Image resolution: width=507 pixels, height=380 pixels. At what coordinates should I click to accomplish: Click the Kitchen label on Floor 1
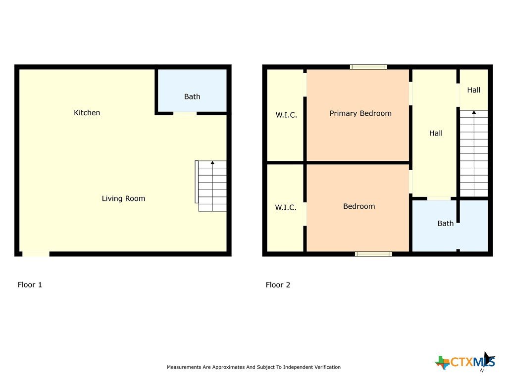[x=87, y=113]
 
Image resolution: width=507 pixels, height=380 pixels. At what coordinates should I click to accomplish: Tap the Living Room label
[x=123, y=198]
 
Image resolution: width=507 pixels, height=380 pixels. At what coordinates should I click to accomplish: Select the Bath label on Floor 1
[x=192, y=96]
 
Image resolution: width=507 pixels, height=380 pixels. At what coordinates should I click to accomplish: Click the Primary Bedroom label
[x=360, y=113]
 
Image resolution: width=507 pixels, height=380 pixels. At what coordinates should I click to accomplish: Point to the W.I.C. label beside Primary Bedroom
[x=286, y=115]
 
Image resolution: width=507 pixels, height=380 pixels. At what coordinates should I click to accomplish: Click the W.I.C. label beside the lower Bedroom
[x=286, y=207]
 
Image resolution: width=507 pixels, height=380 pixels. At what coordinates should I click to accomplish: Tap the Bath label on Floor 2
[x=445, y=223]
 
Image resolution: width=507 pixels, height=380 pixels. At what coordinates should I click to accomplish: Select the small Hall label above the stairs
[x=474, y=90]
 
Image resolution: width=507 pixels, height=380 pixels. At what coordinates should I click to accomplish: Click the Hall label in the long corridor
[x=436, y=133]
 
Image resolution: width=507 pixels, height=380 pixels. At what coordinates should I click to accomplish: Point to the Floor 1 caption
[x=30, y=285]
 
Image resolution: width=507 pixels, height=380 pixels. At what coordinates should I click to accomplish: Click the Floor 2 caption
[x=278, y=285]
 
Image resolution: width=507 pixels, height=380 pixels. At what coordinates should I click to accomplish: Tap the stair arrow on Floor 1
[x=212, y=186]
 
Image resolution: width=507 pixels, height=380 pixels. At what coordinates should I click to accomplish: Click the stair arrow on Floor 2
[x=474, y=153]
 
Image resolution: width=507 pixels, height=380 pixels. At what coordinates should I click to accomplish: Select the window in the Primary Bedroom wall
[x=368, y=67]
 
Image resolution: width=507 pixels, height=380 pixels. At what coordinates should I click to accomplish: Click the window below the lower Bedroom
[x=373, y=254]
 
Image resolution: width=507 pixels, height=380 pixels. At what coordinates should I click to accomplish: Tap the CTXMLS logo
[x=465, y=362]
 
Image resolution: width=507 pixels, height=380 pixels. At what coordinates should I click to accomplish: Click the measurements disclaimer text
[x=253, y=367]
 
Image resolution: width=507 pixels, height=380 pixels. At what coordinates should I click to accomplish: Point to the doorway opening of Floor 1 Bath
[x=185, y=113]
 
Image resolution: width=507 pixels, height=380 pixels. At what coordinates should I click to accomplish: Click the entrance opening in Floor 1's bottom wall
[x=36, y=254]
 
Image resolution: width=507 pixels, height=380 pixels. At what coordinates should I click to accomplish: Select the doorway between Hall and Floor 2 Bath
[x=439, y=198]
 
